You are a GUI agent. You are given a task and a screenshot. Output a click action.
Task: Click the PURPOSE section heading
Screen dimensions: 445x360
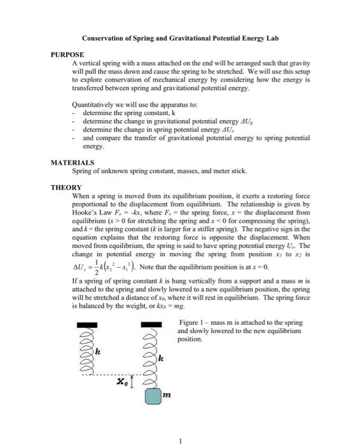click(x=67, y=55)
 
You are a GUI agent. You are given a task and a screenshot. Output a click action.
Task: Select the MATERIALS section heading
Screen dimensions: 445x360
click(x=73, y=163)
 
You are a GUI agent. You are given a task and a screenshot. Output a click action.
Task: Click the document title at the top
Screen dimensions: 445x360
click(x=180, y=38)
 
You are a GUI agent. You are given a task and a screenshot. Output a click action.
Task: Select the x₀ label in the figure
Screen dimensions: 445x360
click(x=123, y=382)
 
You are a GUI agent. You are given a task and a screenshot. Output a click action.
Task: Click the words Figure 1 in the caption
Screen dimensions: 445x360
click(x=191, y=324)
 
